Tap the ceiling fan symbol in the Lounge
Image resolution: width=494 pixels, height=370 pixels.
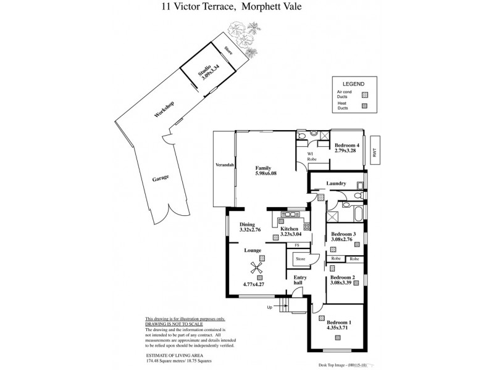click(x=256, y=267)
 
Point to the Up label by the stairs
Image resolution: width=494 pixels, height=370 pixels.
click(x=269, y=306)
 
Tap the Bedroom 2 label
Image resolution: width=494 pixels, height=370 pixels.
click(x=343, y=278)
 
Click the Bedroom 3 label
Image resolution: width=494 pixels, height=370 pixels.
click(x=343, y=234)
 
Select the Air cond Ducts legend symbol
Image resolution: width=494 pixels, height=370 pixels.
click(x=365, y=94)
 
